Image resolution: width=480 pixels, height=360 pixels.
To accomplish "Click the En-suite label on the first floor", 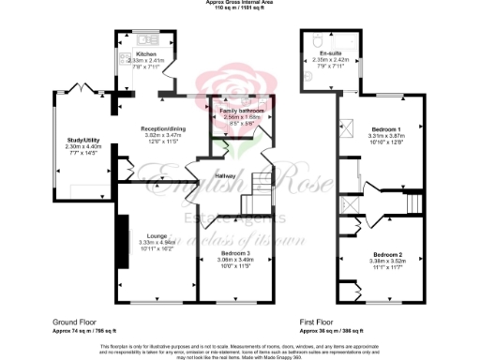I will tap(329, 54).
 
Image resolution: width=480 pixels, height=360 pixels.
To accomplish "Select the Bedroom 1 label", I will tap(384, 128).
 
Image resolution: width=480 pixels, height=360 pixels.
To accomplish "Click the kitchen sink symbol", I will tap(146, 40).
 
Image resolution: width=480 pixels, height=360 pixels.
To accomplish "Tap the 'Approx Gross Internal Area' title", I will tap(240, 3).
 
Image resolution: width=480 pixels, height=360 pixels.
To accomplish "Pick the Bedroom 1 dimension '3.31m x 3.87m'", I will tap(384, 135).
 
